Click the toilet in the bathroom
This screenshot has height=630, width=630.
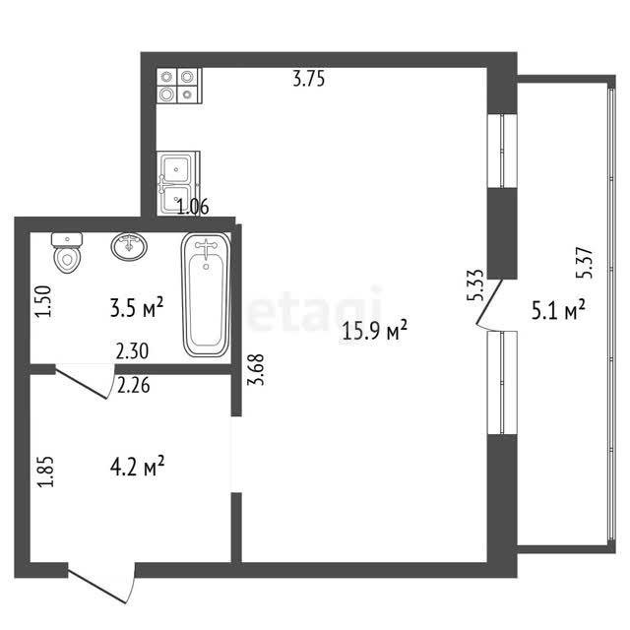(x=67, y=252)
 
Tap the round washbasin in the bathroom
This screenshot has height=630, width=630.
(x=129, y=246)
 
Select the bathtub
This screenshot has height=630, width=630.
(x=206, y=294)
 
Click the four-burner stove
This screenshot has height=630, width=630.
(x=179, y=87)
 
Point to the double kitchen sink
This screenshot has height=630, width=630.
(x=178, y=183)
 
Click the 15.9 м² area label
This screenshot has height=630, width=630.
(x=374, y=331)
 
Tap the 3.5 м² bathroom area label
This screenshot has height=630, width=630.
(x=137, y=308)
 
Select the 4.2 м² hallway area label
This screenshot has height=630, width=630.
(x=137, y=466)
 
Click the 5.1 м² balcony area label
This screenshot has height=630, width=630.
(x=558, y=309)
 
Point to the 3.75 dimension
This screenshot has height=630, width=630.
(x=308, y=79)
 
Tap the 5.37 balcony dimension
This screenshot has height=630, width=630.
(x=584, y=263)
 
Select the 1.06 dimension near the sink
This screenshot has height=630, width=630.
(x=193, y=207)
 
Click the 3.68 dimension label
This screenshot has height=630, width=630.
(x=256, y=370)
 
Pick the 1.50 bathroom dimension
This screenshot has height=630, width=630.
(x=43, y=301)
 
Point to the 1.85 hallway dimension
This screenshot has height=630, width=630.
(x=45, y=472)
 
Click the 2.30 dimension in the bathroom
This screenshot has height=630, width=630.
(x=132, y=351)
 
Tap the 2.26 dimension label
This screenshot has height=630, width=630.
(x=134, y=385)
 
